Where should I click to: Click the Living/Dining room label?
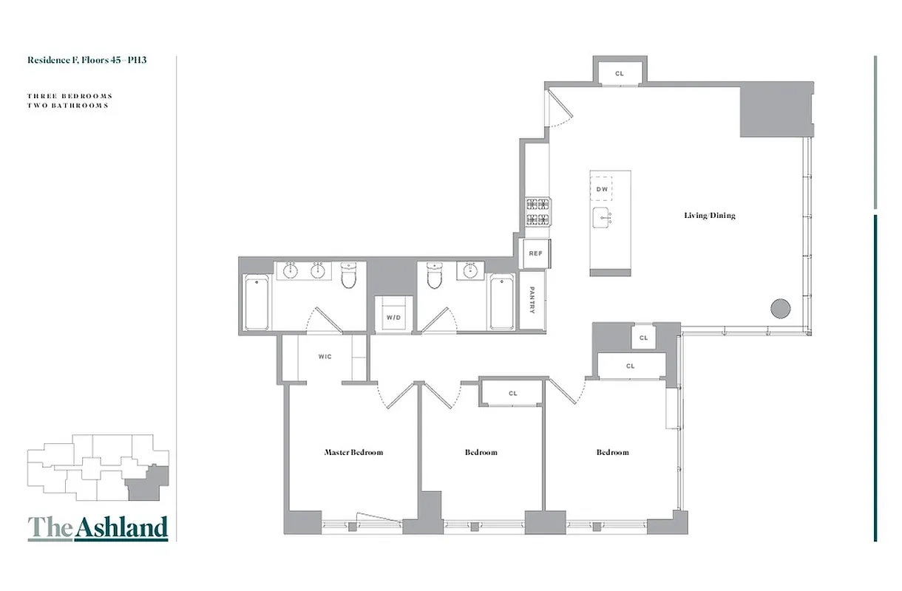point(709,216)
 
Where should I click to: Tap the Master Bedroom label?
point(353,452)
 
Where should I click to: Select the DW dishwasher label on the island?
point(601,190)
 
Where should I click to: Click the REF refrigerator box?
point(535,253)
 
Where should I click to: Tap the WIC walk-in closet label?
point(325,357)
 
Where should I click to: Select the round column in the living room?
point(781,308)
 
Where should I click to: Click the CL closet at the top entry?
point(620,73)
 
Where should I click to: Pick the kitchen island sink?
point(602,217)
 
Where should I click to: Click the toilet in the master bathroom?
point(349,276)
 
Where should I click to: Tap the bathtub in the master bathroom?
point(256,302)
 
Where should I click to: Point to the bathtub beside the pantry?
point(502,302)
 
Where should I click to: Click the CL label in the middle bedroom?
point(513,394)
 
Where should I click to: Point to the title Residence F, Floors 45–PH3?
point(87,60)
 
